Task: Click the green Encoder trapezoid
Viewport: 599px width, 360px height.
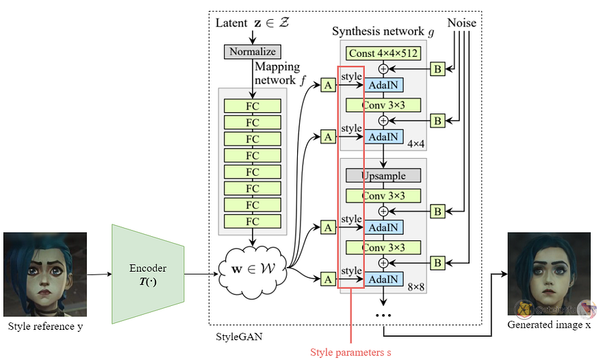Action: click(x=148, y=274)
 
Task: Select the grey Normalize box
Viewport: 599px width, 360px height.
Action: click(x=253, y=51)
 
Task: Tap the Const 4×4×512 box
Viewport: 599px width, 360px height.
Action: click(x=383, y=53)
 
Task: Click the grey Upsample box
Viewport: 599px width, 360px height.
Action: click(x=383, y=176)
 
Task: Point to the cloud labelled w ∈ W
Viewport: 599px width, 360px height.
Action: click(x=253, y=269)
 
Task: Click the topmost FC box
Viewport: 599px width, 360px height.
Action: click(x=253, y=106)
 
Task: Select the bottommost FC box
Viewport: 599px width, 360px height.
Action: click(x=253, y=222)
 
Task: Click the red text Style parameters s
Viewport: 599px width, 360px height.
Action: click(x=351, y=352)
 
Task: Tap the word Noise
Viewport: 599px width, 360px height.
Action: click(x=461, y=23)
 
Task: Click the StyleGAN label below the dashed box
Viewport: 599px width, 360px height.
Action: click(x=239, y=337)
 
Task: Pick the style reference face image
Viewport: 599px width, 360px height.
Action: click(x=45, y=274)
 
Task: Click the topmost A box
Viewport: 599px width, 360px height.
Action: click(x=328, y=85)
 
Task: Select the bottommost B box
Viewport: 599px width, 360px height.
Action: click(x=438, y=263)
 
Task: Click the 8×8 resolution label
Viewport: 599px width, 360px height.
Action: click(x=416, y=287)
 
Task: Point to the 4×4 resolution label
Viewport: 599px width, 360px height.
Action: click(x=416, y=144)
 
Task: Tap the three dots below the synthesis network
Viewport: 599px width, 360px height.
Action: click(x=383, y=316)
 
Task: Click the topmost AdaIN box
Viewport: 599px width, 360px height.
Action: click(x=383, y=85)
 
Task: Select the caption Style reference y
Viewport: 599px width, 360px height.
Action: click(x=45, y=326)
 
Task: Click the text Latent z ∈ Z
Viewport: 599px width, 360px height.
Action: click(x=253, y=23)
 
